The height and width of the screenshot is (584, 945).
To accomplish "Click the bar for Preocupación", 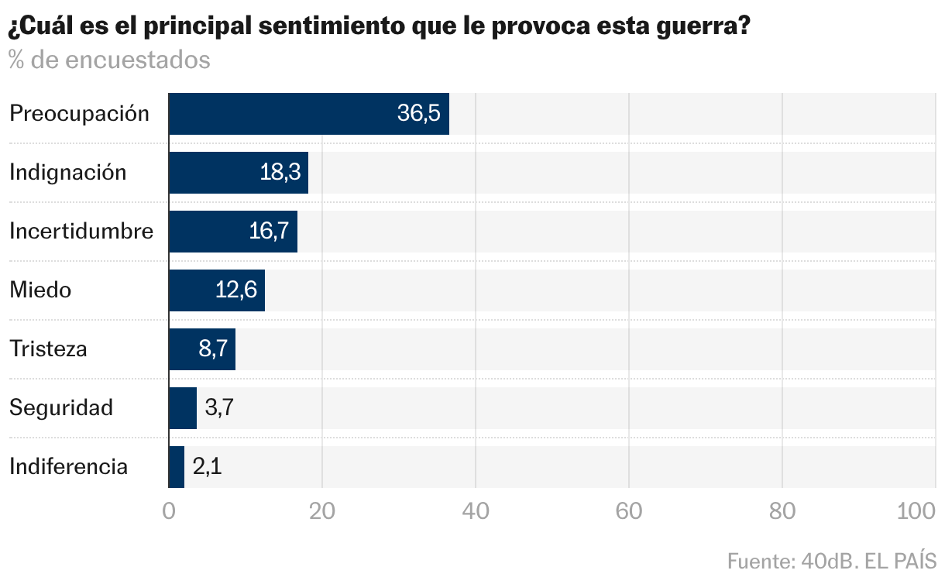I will point(308,114).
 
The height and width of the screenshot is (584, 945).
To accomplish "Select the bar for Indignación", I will point(238,173).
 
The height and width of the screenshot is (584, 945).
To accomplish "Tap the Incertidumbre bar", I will point(232,232).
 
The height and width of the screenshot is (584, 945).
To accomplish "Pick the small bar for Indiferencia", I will point(177,467).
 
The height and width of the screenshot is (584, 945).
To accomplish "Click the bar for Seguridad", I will point(183,408).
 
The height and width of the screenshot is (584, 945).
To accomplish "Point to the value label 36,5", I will point(418,114).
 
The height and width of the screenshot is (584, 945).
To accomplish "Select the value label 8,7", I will point(213,349).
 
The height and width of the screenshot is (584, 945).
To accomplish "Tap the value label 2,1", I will point(207,467).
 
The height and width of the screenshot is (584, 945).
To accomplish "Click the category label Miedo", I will point(40,290).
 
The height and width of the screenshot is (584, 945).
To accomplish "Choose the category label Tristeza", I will point(48,349).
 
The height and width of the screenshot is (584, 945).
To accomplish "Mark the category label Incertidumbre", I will point(81,232).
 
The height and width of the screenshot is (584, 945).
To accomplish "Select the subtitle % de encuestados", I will point(109,60).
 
